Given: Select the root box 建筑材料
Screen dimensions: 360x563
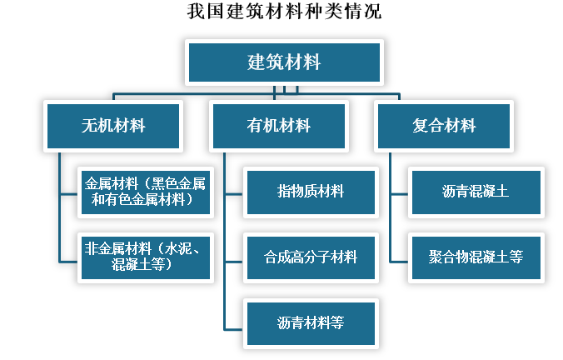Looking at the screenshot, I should click(285, 62).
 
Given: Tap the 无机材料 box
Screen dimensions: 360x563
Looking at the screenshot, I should click(113, 126).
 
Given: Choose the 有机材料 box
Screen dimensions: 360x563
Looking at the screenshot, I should click(279, 126).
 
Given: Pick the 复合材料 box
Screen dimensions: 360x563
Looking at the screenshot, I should click(444, 126).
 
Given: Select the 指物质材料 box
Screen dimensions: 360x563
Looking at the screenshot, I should click(311, 192).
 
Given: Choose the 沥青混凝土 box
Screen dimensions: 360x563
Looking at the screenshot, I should click(476, 192).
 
